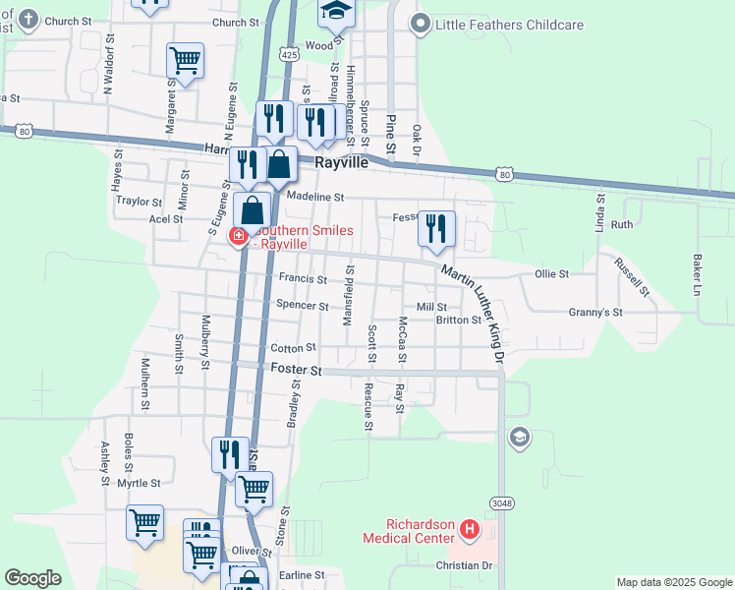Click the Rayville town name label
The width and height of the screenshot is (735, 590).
click(x=341, y=163)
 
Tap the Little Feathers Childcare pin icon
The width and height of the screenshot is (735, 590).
click(x=422, y=24)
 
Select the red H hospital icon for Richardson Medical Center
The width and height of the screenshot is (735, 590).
click(x=470, y=531)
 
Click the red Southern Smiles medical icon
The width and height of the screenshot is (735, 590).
click(x=237, y=235)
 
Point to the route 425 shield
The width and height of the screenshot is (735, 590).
click(x=288, y=55)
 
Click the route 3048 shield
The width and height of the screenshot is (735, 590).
click(x=504, y=504)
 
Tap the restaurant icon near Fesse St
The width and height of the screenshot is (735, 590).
click(x=435, y=227)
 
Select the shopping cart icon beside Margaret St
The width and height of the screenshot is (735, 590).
click(x=185, y=60)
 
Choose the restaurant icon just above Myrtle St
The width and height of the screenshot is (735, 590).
click(x=230, y=454)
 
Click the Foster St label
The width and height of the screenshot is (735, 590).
click(x=296, y=370)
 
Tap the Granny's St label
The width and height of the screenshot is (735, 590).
click(x=595, y=312)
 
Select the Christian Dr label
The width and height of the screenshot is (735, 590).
click(x=464, y=565)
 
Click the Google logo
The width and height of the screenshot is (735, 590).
click(x=32, y=578)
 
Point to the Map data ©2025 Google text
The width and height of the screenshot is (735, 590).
click(x=672, y=582)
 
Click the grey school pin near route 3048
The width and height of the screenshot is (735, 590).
click(x=518, y=437)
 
